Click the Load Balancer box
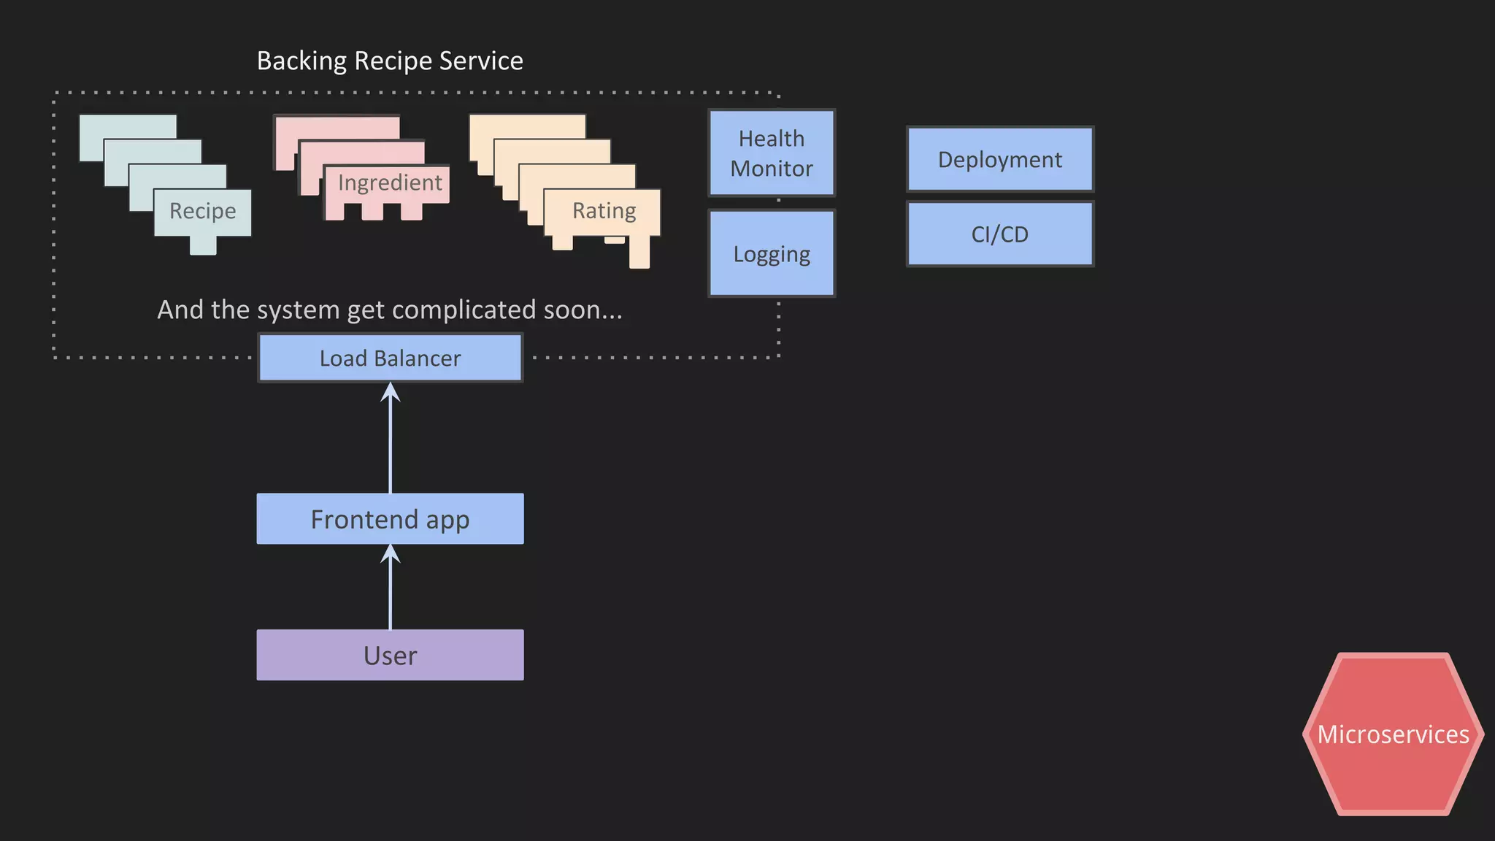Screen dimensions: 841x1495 click(x=390, y=358)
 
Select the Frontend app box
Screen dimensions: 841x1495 click(x=390, y=519)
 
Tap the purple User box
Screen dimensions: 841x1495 click(x=390, y=655)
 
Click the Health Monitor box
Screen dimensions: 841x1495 click(x=772, y=153)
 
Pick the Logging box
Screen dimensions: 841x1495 click(x=772, y=253)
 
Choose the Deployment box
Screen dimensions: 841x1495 click(x=999, y=159)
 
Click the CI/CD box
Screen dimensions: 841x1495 click(x=999, y=234)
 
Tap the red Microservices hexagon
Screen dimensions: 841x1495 click(x=1393, y=734)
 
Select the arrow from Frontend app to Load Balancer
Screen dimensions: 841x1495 click(x=391, y=438)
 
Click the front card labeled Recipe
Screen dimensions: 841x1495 click(x=202, y=212)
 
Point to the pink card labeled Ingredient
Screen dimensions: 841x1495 click(x=390, y=183)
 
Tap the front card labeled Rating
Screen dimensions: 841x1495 click(x=604, y=211)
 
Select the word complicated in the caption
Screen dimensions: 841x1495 click(x=464, y=310)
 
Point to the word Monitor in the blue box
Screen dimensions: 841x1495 click(x=772, y=169)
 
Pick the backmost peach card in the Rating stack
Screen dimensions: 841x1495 click(x=526, y=126)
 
